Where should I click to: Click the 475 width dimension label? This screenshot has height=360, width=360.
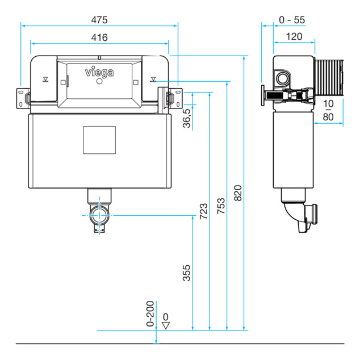pyautogui.click(x=99, y=20)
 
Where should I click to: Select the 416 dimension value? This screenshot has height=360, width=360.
pyautogui.click(x=99, y=37)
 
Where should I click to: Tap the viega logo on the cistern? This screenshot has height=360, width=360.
pyautogui.click(x=99, y=72)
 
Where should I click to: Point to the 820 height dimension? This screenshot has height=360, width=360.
pyautogui.click(x=238, y=193)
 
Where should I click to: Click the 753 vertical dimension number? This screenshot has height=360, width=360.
pyautogui.click(x=221, y=206)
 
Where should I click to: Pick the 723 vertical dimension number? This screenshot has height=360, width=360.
pyautogui.click(x=204, y=211)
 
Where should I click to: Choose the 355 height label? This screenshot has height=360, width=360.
pyautogui.click(x=187, y=273)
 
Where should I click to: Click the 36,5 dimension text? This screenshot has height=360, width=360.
pyautogui.click(x=187, y=118)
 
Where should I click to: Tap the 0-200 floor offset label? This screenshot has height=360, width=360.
pyautogui.click(x=150, y=313)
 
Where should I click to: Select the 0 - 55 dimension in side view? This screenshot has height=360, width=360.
pyautogui.click(x=292, y=20)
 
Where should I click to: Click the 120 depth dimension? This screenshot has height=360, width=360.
pyautogui.click(x=294, y=36)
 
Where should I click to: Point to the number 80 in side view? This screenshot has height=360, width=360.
pyautogui.click(x=328, y=117)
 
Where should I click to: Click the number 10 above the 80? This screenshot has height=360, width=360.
pyautogui.click(x=328, y=104)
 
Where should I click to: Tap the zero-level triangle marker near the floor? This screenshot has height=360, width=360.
pyautogui.click(x=166, y=325)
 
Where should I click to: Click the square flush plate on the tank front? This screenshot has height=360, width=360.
pyautogui.click(x=99, y=140)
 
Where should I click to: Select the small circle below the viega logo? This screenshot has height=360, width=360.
pyautogui.click(x=99, y=81)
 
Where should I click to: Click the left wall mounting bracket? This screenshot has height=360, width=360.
pyautogui.click(x=23, y=98)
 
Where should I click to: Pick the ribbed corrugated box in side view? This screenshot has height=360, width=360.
pyautogui.click(x=329, y=77)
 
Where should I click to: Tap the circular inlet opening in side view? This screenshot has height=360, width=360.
pyautogui.click(x=282, y=78)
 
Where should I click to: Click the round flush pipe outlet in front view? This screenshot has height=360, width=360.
pyautogui.click(x=99, y=215)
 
